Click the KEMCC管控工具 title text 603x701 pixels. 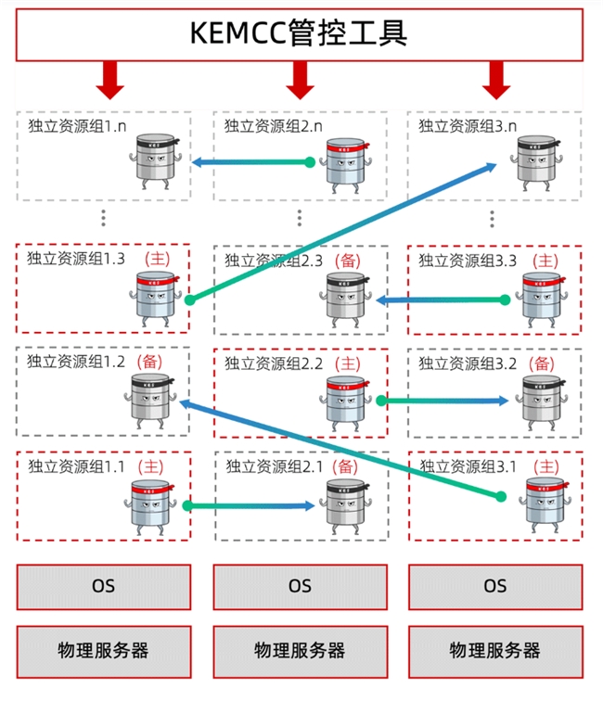(x=299, y=32)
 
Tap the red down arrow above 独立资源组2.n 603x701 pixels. (x=300, y=80)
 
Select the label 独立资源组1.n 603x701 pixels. (x=77, y=124)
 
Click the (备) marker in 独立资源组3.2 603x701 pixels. (x=543, y=363)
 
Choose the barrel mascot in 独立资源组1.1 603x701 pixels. (x=148, y=505)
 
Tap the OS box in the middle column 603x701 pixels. (x=300, y=586)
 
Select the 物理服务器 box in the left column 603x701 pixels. (x=103, y=649)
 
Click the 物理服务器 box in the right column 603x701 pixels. (x=495, y=649)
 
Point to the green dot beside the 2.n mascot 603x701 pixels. (x=311, y=162)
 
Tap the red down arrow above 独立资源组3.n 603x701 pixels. (x=496, y=80)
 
